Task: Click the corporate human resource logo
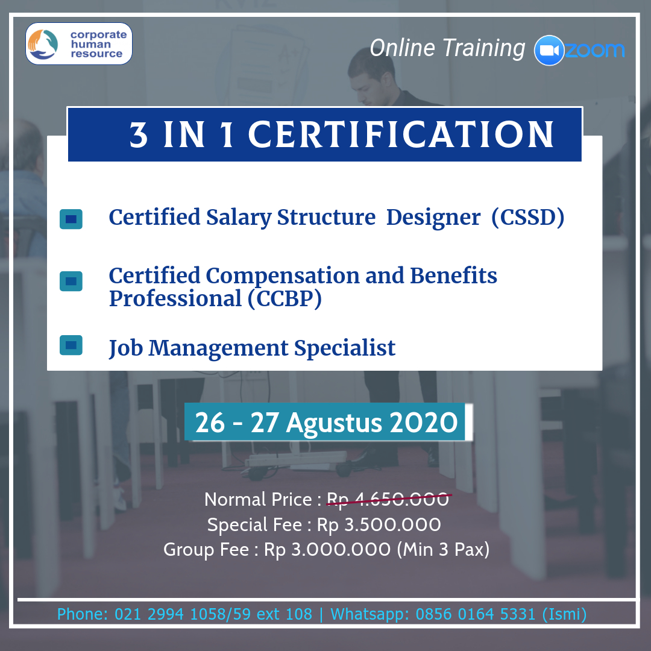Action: (79, 43)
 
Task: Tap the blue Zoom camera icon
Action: (549, 50)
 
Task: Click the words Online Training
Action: (447, 48)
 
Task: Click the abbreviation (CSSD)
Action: (527, 217)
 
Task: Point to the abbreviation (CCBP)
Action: (285, 298)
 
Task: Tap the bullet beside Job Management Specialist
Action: (71, 345)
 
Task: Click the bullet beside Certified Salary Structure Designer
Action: (71, 219)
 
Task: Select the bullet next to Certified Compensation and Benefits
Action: (71, 281)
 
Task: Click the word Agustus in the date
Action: (334, 424)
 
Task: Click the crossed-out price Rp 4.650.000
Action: (388, 500)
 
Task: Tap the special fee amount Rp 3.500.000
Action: (379, 525)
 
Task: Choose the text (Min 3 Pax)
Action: (443, 550)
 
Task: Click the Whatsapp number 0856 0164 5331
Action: (476, 614)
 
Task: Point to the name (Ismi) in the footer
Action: (564, 614)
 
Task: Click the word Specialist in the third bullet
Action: (345, 348)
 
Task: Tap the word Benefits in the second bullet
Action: (453, 275)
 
